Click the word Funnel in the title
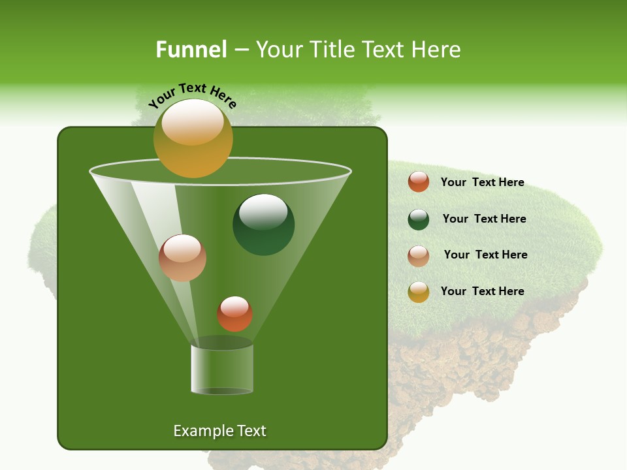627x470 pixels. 191,50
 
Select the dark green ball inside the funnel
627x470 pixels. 263,225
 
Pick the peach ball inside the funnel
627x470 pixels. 182,258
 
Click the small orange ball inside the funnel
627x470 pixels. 234,313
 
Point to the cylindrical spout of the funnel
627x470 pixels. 221,369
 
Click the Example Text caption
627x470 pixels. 219,431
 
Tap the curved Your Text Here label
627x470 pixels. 192,95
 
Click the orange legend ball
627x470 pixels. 418,182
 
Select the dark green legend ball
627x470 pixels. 418,219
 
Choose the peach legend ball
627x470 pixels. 418,255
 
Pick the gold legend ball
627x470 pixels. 418,292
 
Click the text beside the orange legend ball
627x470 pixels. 482,182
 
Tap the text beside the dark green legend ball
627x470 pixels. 484,219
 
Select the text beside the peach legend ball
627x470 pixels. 485,255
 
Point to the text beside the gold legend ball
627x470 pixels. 482,291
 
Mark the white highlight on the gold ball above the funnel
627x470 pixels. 192,123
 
